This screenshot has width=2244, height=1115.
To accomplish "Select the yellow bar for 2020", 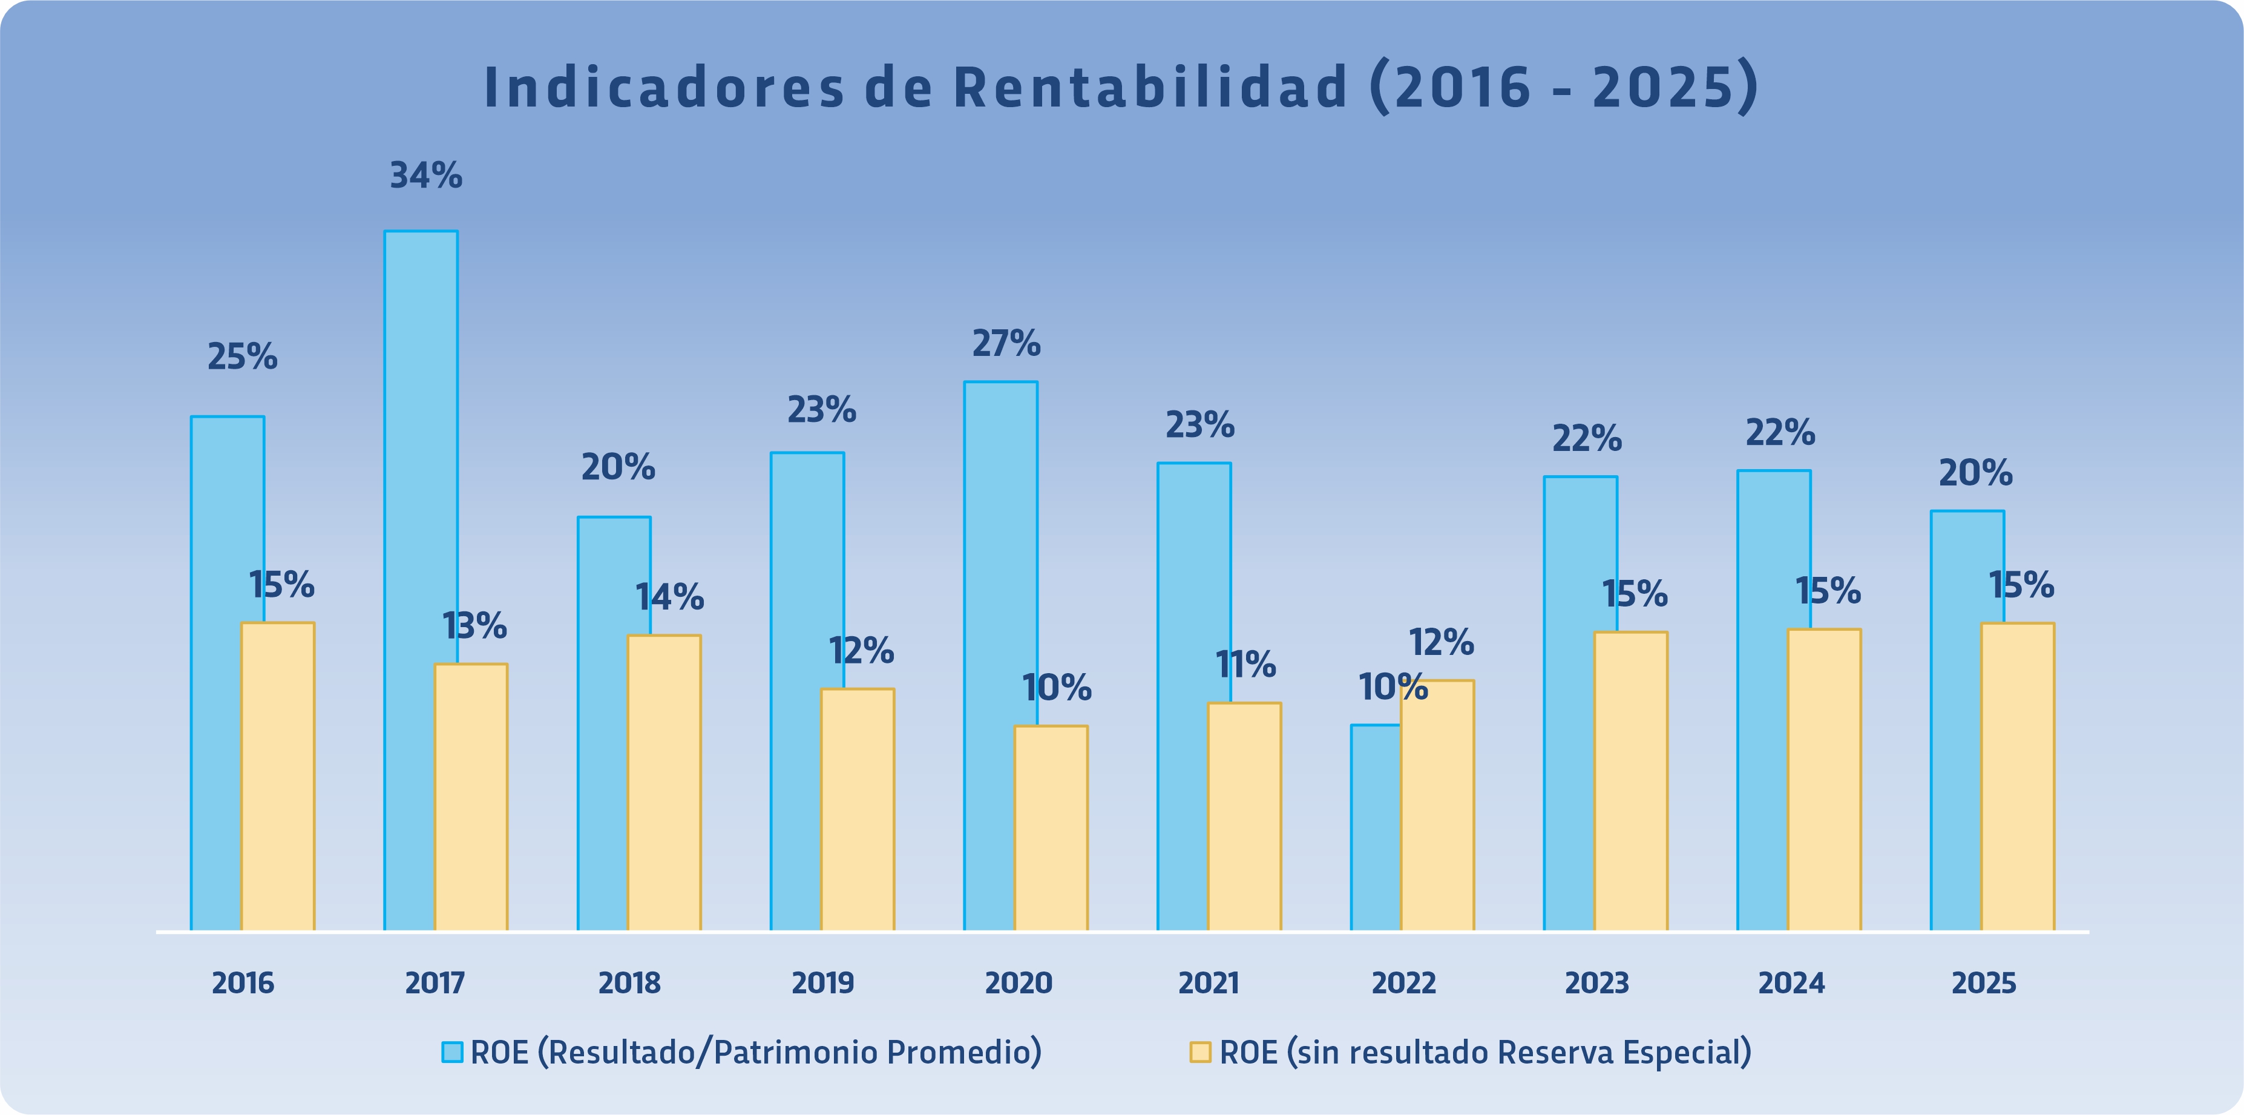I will coord(1051,827).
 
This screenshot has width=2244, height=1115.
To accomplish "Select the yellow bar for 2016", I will coord(278,775).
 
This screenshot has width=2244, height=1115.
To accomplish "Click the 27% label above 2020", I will coord(1006,344).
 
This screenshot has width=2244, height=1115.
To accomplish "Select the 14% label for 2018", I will coord(669,597).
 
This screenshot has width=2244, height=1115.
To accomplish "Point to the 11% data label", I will coord(1245,665).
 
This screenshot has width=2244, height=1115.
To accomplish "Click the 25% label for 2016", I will coord(242,357).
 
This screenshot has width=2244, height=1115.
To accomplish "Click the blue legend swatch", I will coord(452,1052).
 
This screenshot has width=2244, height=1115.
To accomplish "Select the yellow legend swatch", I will coord(1199,1052).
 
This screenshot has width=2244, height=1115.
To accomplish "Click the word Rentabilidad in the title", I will coord(1150,88).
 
